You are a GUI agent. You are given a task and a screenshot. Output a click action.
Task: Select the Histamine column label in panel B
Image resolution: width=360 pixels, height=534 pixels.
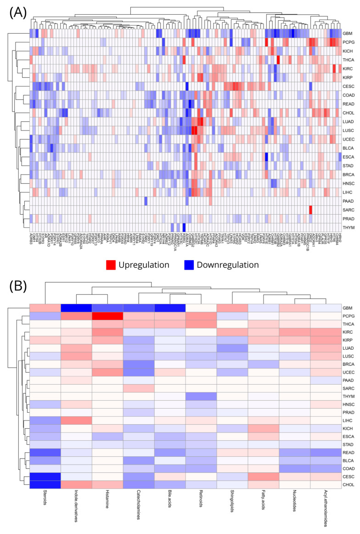tap(107, 496)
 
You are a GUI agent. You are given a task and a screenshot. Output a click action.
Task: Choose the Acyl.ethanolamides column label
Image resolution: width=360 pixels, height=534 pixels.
tap(326, 501)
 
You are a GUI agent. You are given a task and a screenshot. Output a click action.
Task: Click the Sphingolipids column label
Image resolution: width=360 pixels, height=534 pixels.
tap(232, 498)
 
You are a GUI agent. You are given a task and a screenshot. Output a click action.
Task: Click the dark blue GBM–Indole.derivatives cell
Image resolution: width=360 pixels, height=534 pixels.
tap(76, 295)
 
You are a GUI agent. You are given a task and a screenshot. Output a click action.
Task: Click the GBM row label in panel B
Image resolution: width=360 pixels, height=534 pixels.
tap(349, 295)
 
